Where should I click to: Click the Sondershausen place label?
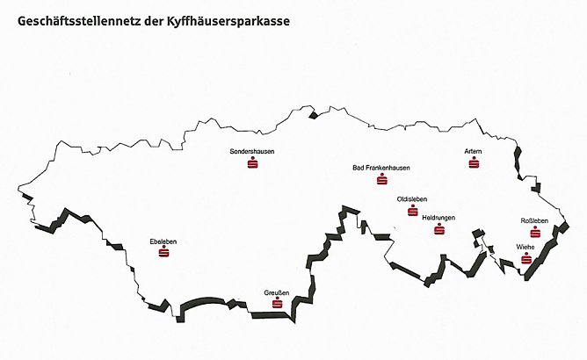251,152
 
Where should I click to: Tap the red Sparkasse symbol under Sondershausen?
252,163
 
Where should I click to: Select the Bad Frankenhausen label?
380,168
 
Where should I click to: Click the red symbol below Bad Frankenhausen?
381,180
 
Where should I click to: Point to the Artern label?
474,151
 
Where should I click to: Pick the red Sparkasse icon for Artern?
474,163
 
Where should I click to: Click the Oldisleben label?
412,199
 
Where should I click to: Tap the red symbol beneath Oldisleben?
412,211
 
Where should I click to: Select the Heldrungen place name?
438,217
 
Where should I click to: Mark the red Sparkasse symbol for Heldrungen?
439,229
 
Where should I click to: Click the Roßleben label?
534,220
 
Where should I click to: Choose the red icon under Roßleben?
534,232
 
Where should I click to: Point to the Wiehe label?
526,247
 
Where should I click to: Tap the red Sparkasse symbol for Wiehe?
525,259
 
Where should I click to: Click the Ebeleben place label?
163,240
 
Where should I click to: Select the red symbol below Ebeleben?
163,252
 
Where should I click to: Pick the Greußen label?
277,292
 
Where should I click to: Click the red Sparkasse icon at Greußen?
277,304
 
